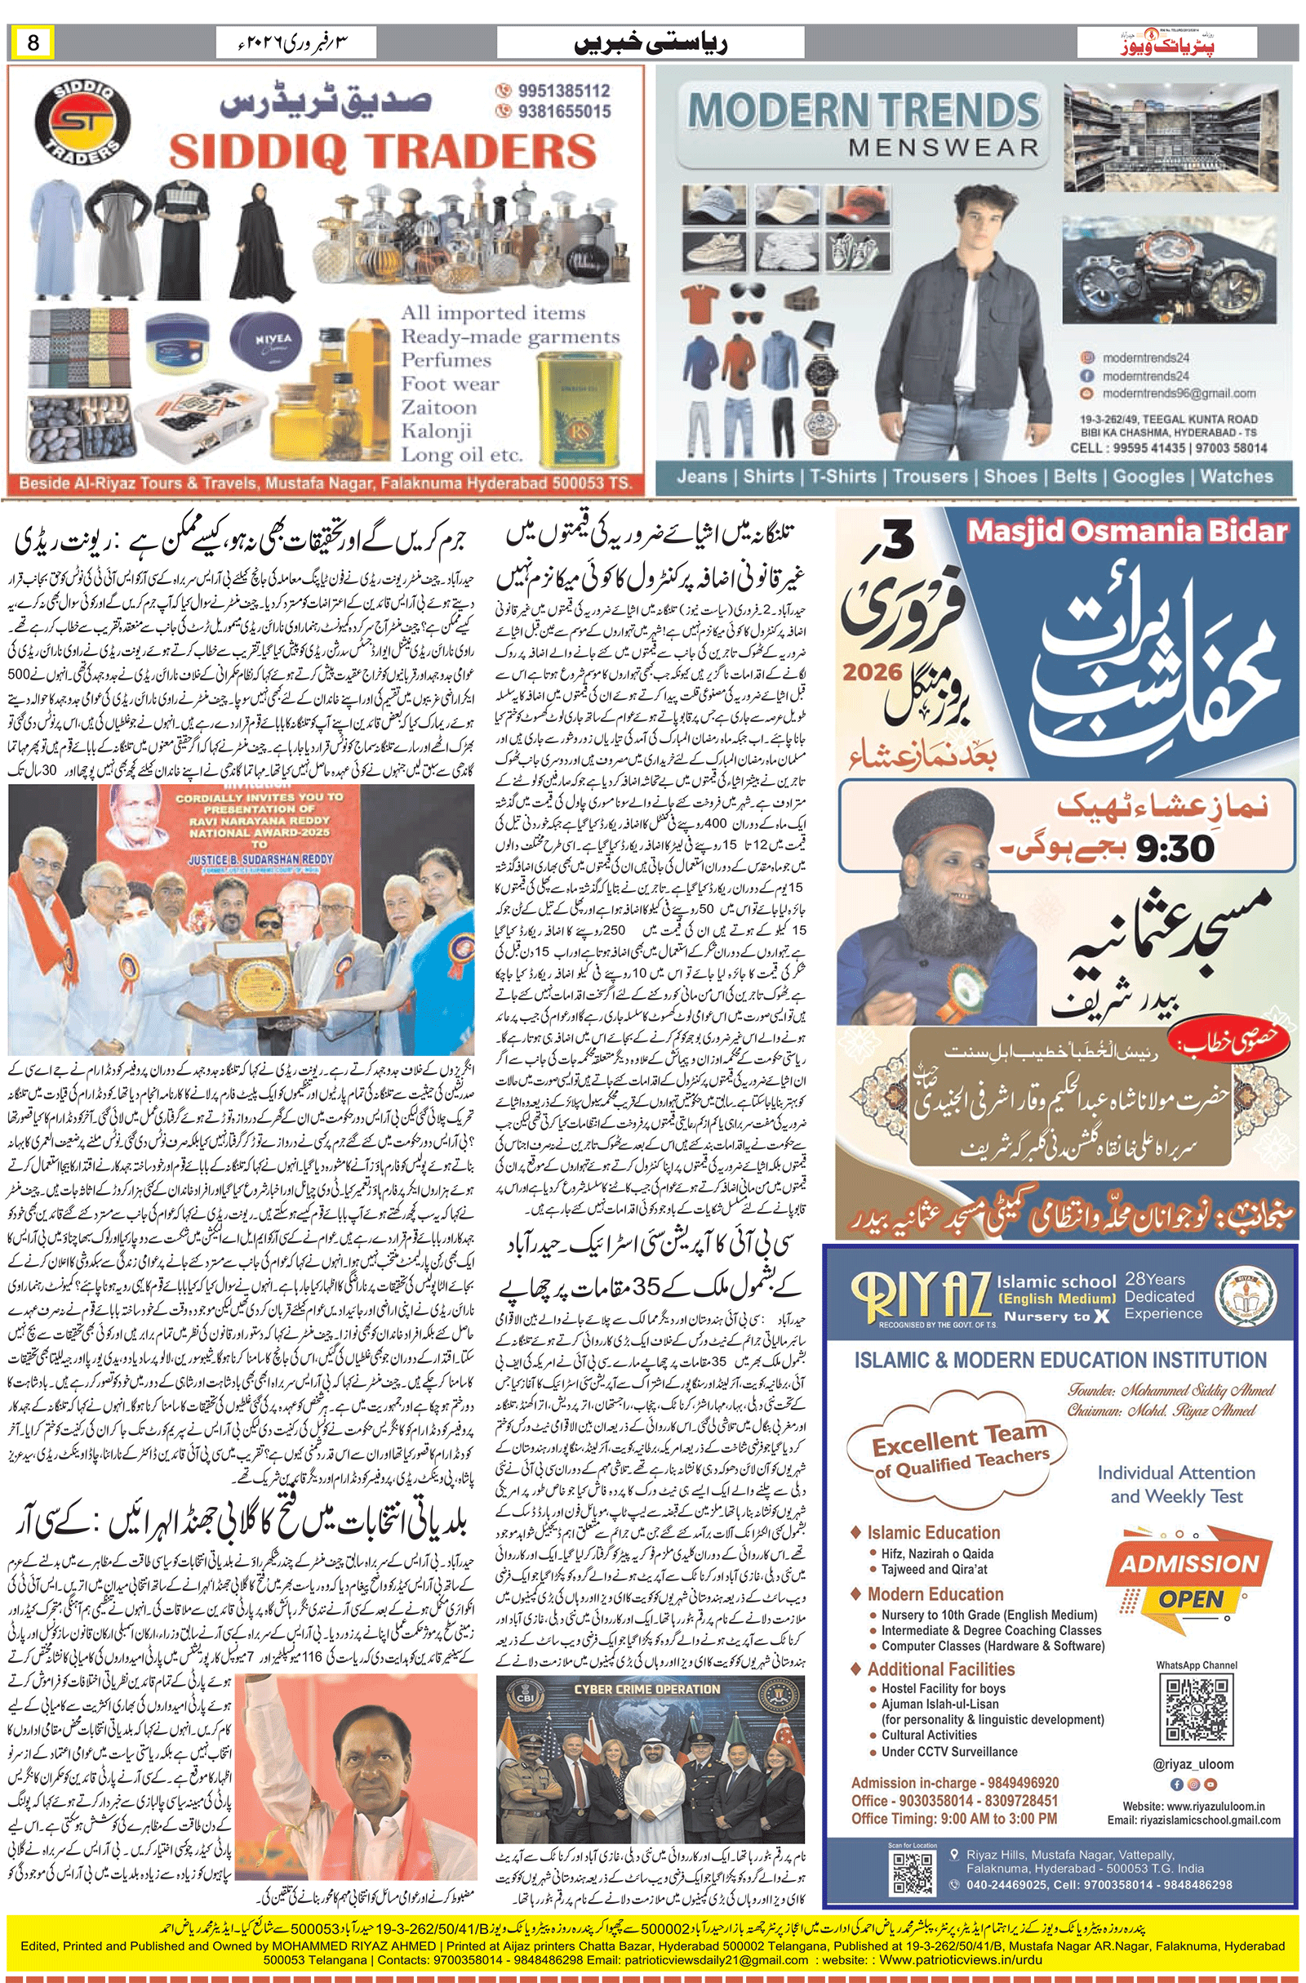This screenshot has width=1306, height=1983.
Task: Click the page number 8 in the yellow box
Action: pos(33,42)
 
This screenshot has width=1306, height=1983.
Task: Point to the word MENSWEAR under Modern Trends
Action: pos(944,149)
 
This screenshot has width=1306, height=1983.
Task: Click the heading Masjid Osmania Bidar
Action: pos(1127,532)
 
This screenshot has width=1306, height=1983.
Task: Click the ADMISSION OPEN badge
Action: pos(1189,1580)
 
